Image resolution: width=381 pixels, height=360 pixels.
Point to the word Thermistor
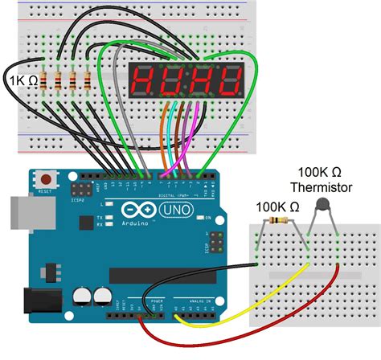tap(322, 188)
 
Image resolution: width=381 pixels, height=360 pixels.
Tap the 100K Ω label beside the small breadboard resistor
tap(279, 207)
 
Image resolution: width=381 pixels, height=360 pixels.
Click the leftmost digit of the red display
tap(145, 80)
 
